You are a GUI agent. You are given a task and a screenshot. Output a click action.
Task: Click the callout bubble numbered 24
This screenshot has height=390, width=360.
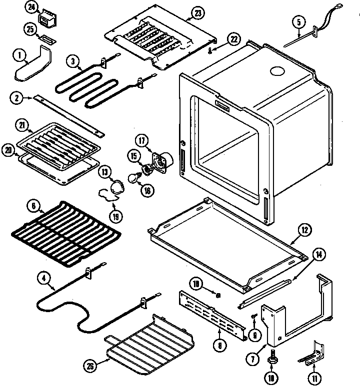click(x=32, y=7)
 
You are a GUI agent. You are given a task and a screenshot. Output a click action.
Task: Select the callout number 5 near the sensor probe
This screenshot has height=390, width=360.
click(x=298, y=21)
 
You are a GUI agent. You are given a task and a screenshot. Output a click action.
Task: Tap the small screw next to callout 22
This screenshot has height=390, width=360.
click(x=212, y=50)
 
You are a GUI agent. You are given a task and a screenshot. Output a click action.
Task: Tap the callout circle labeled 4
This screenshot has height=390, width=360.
click(x=46, y=287)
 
